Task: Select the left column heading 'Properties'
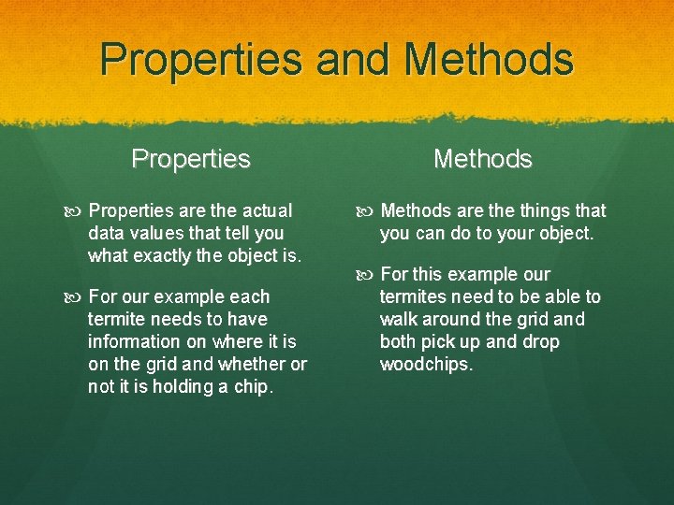(191, 159)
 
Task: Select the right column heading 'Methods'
(482, 159)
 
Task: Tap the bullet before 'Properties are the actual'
(77, 211)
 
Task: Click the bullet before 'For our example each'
(77, 297)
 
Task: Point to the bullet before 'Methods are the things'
(369, 211)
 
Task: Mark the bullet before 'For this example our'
(369, 275)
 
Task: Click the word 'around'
(452, 320)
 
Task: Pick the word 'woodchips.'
(426, 365)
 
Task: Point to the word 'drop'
(541, 342)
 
